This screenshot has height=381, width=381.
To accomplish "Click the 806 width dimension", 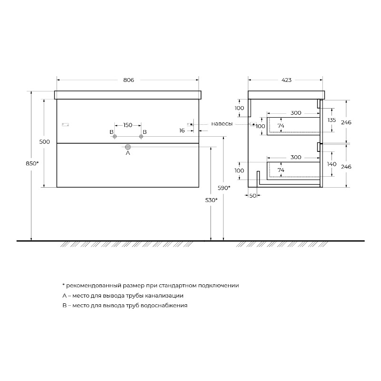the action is point(129,80).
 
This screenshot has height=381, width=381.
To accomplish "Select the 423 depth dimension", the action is point(287,80).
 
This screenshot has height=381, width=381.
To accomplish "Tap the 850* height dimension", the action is point(32,163).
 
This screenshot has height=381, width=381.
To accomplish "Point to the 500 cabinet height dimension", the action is point(44,141).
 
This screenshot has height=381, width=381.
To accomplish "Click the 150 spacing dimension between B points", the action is point(128,125).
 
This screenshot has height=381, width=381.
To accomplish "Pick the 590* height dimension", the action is point(224,188).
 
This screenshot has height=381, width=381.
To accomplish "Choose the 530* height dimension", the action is point(211,200).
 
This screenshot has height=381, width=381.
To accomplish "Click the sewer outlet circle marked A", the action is point(128,147).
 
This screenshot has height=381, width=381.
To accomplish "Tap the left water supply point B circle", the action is point(115,137).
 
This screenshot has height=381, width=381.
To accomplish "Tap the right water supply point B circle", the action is point(141,137).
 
